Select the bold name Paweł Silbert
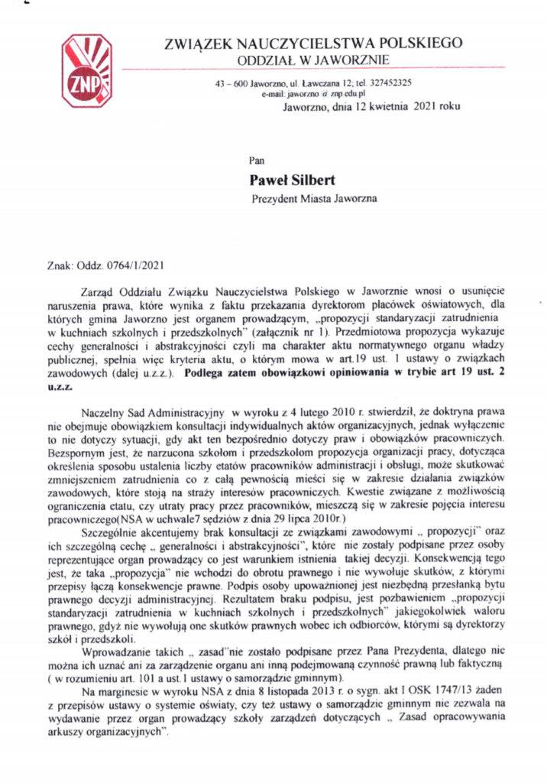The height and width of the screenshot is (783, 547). coord(290,180)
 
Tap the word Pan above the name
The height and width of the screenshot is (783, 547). coord(257,161)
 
